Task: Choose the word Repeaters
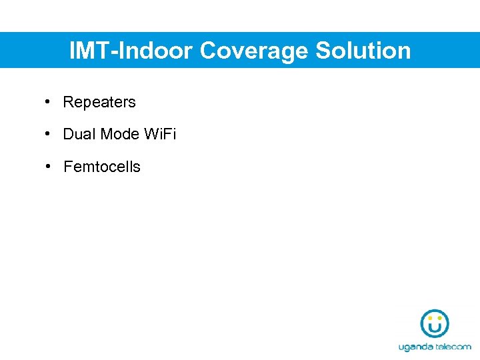pyautogui.click(x=99, y=102)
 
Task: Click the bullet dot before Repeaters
pyautogui.click(x=49, y=102)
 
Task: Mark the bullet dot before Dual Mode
pyautogui.click(x=49, y=134)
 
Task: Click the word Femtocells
pyautogui.click(x=102, y=167)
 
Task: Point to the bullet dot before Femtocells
pyautogui.click(x=49, y=166)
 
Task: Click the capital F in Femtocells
pyautogui.click(x=67, y=167)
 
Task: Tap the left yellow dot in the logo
pyautogui.click(x=430, y=318)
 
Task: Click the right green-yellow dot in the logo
pyautogui.click(x=439, y=318)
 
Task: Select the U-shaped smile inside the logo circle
pyautogui.click(x=435, y=327)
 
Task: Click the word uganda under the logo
pyautogui.click(x=417, y=347)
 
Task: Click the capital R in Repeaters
pyautogui.click(x=67, y=102)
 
